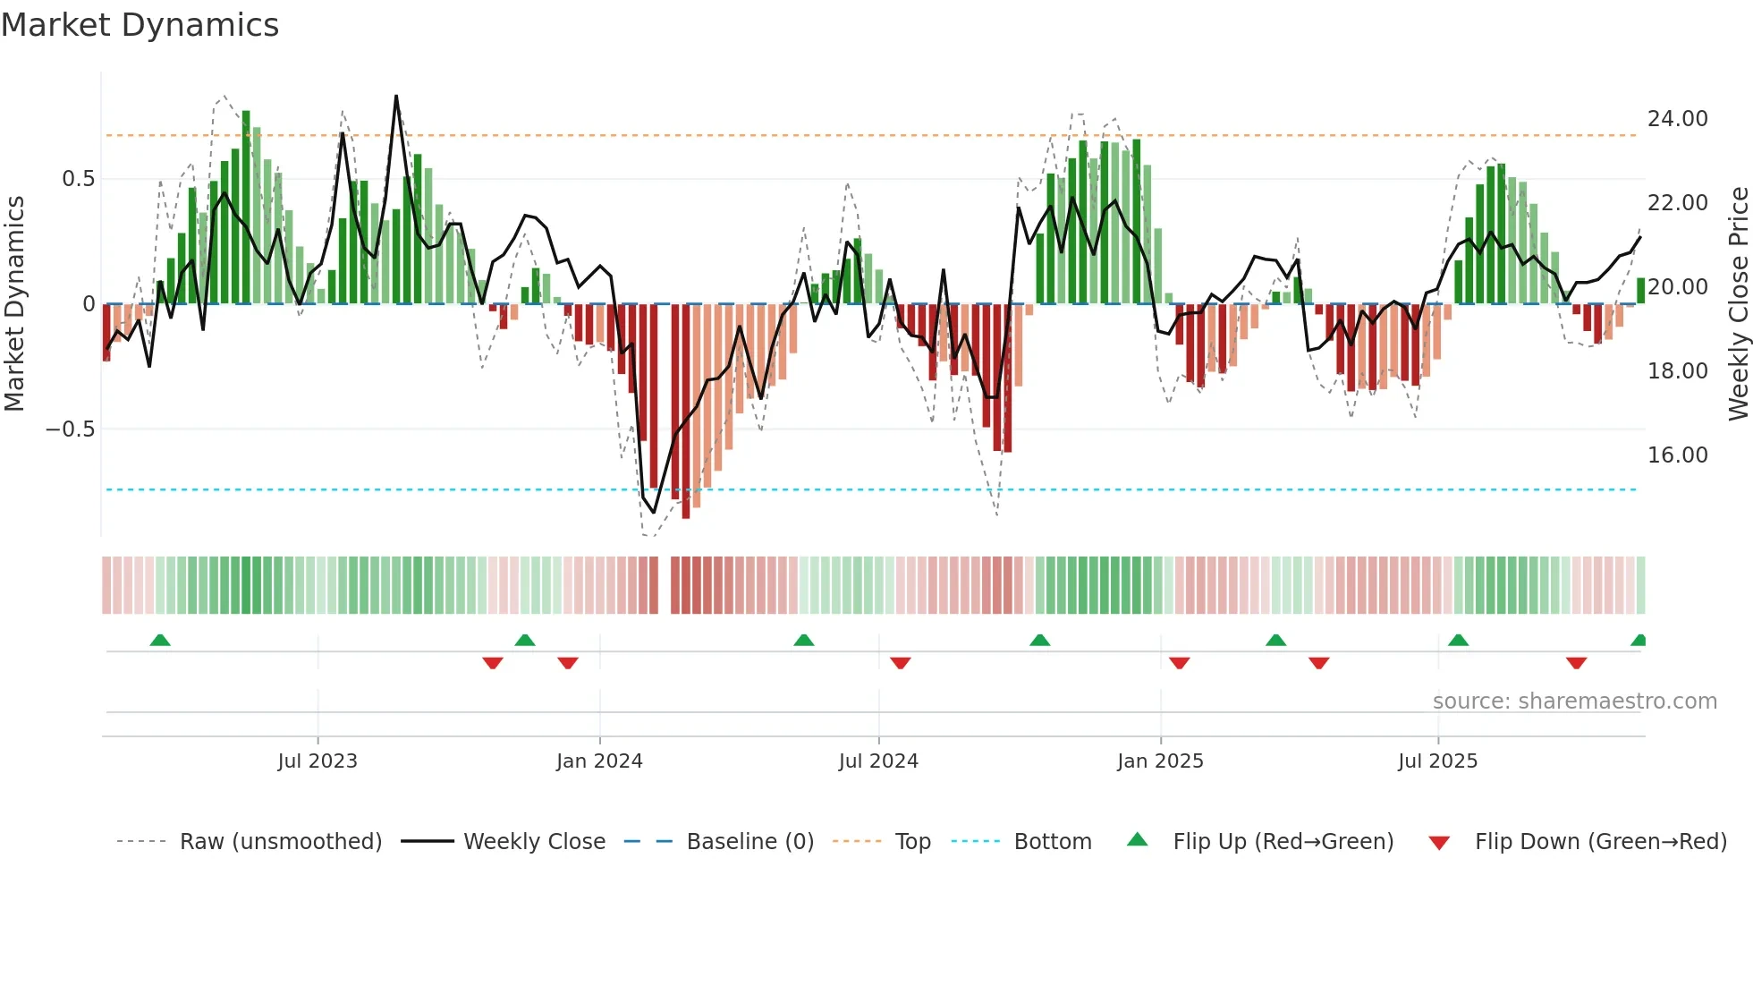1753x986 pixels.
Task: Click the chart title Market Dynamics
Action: point(140,25)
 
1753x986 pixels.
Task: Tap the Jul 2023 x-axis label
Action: point(318,761)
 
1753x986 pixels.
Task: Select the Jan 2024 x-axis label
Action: point(599,761)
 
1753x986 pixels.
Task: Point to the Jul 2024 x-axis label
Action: point(878,761)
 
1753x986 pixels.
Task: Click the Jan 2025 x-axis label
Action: point(1160,761)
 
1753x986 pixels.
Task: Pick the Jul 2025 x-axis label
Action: point(1438,761)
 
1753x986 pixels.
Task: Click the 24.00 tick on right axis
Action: point(1677,119)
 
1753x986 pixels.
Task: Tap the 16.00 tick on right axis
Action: point(1677,455)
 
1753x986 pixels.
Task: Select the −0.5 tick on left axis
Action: point(70,429)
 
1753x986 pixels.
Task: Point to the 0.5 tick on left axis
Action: point(78,179)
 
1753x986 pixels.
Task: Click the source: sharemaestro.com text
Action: point(1574,701)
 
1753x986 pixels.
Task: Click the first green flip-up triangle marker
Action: point(160,641)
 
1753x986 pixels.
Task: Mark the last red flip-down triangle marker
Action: point(1576,663)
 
